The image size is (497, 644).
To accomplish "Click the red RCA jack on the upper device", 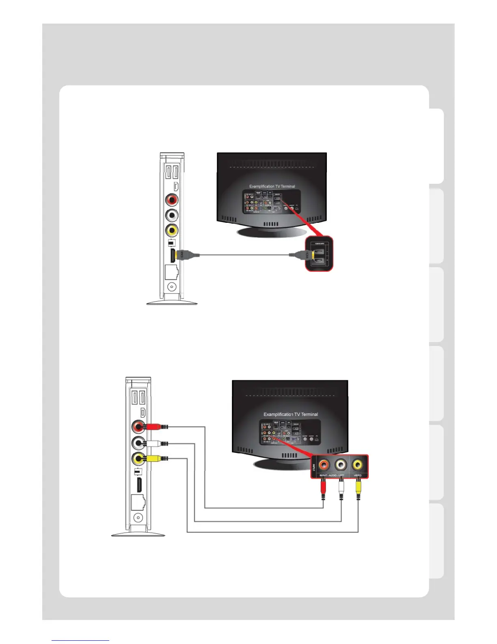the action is coord(172,200).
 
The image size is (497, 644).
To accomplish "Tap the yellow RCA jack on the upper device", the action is coord(172,231).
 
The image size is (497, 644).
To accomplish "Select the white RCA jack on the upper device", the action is coord(172,215).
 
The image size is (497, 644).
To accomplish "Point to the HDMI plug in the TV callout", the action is coord(303,255).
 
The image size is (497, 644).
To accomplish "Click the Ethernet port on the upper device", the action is coord(171,272).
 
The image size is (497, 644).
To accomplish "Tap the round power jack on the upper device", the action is coord(172,287).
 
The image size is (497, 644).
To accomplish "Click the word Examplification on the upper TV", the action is coord(262,187).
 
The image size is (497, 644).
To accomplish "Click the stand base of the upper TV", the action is coord(272,232).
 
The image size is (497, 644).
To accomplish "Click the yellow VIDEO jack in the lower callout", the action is coord(358,464).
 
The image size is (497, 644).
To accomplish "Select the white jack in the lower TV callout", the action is coord(340,464).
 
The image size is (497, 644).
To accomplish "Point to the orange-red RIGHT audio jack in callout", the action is coord(324,464).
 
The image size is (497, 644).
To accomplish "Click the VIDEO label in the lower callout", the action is coord(358,475).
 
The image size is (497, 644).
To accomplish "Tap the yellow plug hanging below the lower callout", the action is coord(358,488).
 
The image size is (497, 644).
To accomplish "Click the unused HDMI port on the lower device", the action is coord(138,484).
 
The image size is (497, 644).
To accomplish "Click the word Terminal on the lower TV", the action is coord(310,414).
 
